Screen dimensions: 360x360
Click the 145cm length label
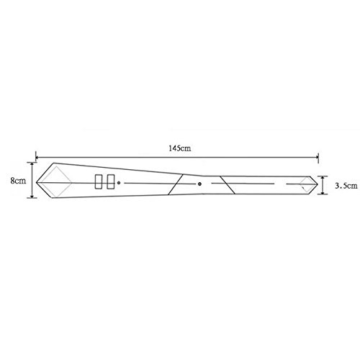[x=180, y=148]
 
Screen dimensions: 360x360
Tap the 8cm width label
[x=18, y=181]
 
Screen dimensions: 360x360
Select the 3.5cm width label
[x=346, y=186]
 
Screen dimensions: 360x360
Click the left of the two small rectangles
[x=99, y=181]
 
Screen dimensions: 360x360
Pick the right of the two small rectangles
[x=111, y=181]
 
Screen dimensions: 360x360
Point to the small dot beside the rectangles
[x=119, y=183]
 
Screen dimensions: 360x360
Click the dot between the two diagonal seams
[x=199, y=184]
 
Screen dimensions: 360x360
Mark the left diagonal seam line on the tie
[x=176, y=184]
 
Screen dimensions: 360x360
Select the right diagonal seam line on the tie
[x=228, y=185]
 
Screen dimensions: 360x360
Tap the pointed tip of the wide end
[x=37, y=183]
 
